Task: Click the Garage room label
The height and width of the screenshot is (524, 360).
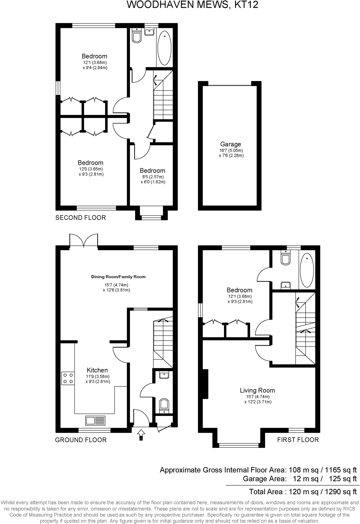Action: (230, 144)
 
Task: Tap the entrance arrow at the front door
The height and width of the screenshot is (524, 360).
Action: (141, 435)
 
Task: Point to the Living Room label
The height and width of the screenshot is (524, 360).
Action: (257, 390)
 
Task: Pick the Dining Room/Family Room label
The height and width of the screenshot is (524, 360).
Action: (118, 277)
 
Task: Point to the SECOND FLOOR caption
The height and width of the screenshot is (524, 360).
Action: (80, 218)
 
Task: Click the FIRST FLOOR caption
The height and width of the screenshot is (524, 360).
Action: (298, 440)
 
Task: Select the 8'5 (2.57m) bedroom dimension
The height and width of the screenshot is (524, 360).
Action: (152, 177)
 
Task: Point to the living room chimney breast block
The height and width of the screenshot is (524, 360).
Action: (205, 384)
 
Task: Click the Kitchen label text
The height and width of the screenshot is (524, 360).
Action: (97, 370)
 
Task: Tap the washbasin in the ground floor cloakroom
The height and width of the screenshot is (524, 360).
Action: (164, 375)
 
